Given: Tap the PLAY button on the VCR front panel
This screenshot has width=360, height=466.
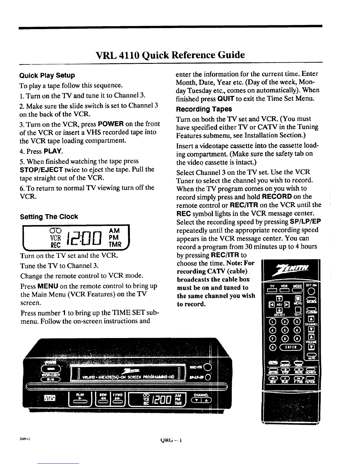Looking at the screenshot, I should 79,398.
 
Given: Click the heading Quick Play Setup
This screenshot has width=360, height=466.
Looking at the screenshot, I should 47,75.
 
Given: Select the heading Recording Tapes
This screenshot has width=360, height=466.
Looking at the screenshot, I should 204,109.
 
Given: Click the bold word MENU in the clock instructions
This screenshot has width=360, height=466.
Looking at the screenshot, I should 48,286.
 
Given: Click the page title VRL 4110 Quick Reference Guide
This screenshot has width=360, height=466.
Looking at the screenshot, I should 171,55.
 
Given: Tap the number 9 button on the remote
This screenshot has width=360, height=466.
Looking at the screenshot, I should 298,339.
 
